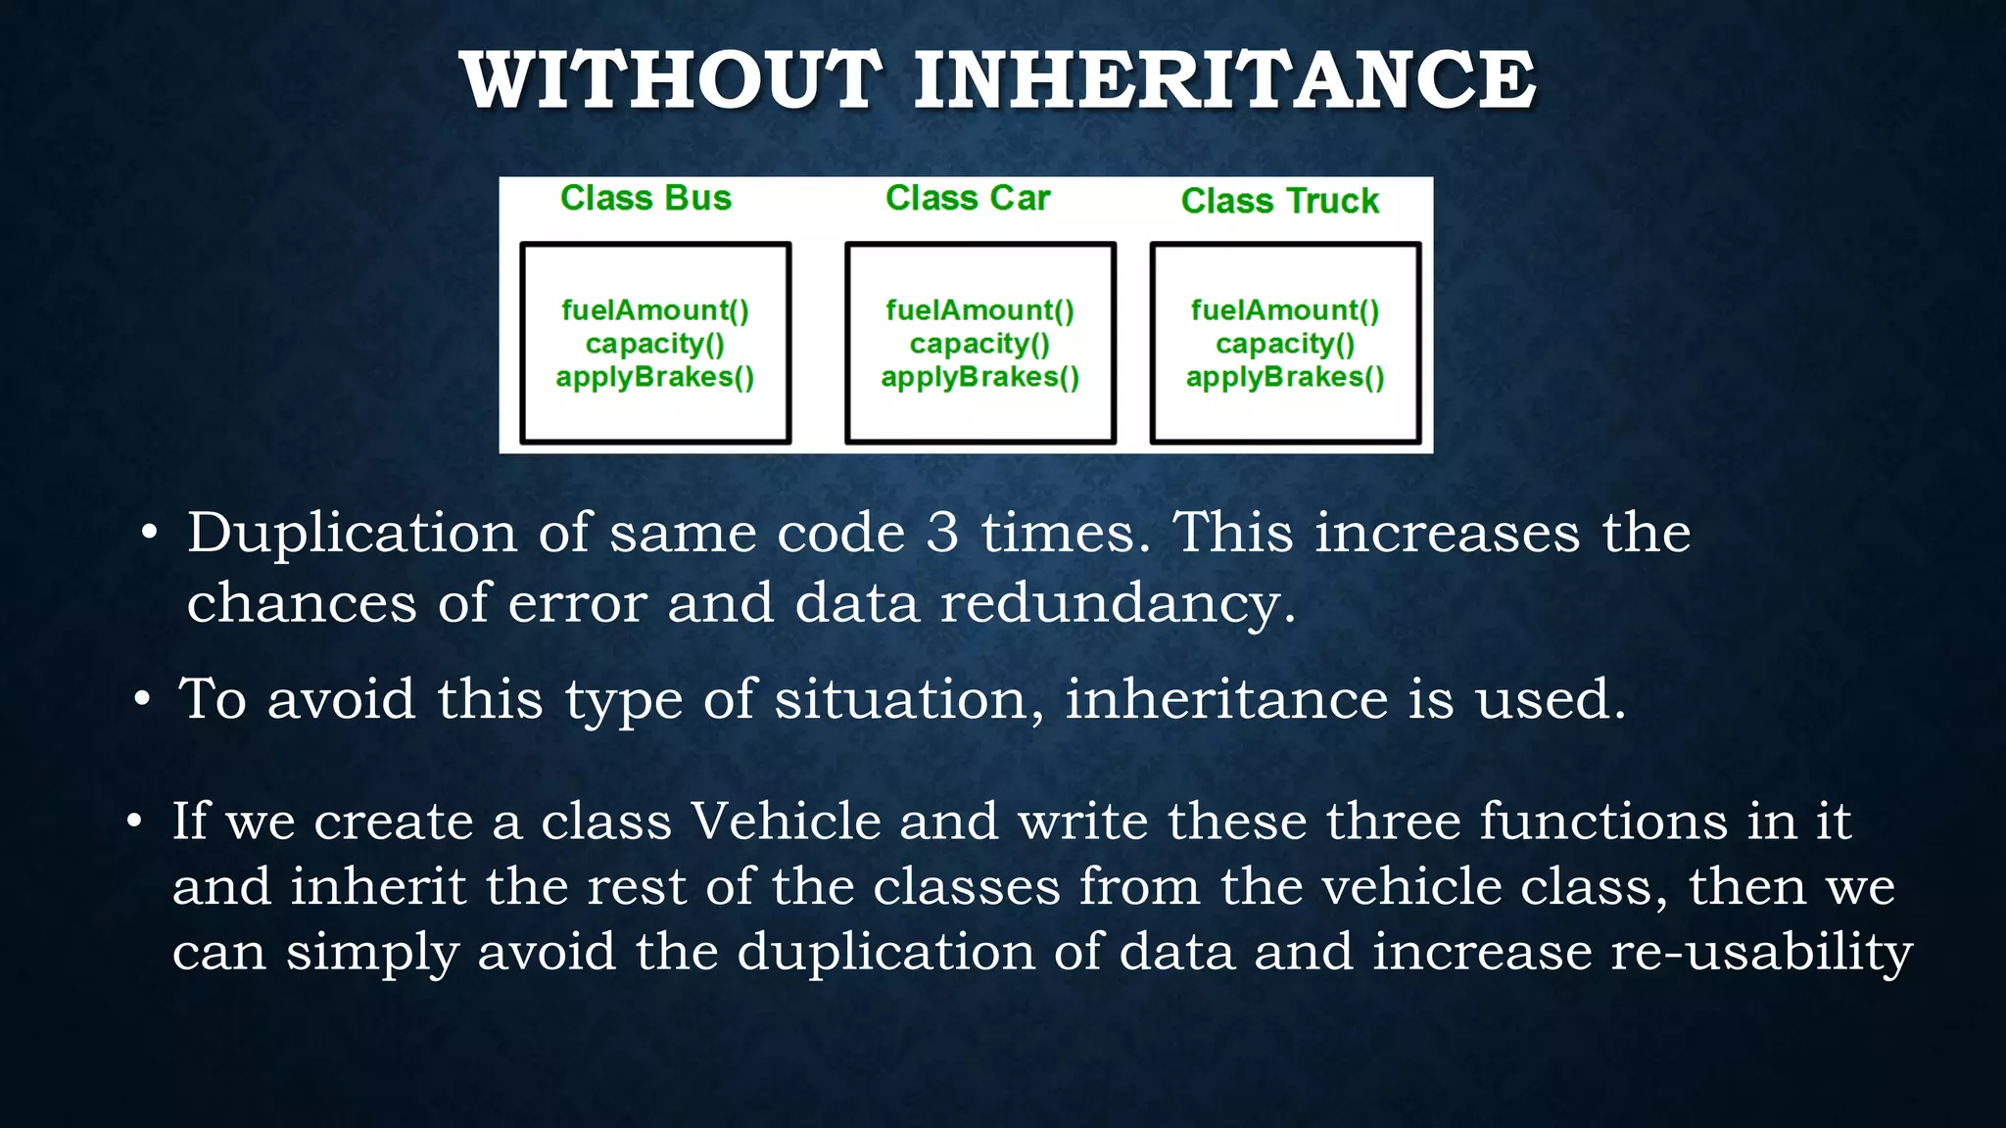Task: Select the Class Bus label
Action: [x=645, y=199]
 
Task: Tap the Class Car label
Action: [x=968, y=199]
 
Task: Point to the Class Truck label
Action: [x=1279, y=202]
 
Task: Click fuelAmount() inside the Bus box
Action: [x=654, y=310]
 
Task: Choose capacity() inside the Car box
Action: [x=979, y=345]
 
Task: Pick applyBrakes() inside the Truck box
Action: [x=1285, y=378]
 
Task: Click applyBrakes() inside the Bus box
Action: [x=654, y=378]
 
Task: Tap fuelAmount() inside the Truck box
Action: [x=1285, y=310]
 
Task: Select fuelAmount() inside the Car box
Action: [x=979, y=310]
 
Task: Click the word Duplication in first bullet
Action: [x=352, y=535]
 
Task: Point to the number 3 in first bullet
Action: [x=942, y=533]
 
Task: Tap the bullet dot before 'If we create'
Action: [x=135, y=821]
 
